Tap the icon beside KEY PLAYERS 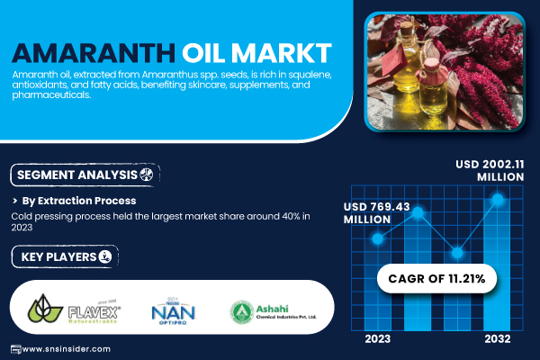point(107,257)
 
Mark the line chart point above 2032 point(495,200)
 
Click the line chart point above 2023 point(378,239)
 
